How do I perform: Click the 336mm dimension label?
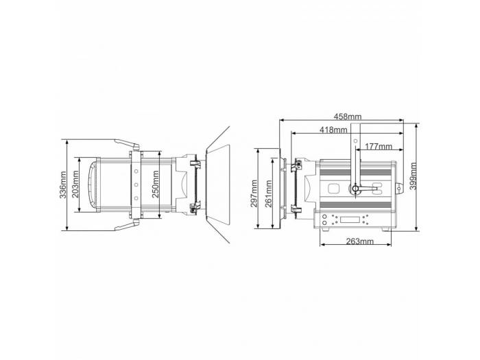[63, 185]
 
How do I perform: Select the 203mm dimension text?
[75, 185]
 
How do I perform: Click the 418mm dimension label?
[333, 130]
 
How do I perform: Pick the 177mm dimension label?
[379, 146]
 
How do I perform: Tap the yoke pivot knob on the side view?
[355, 189]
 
